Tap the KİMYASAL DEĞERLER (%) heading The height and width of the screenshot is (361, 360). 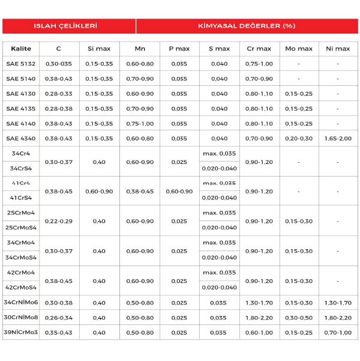247,26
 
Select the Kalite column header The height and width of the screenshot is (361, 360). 21,49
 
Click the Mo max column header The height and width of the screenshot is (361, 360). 299,49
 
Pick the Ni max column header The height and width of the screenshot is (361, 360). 338,49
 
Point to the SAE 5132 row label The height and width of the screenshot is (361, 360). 21,64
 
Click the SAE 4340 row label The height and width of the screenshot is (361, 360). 21,138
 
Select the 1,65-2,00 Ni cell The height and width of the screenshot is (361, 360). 338,138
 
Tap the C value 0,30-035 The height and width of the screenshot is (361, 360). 58,64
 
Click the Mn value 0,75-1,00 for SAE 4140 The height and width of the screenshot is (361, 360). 140,123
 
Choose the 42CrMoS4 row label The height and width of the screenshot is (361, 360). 21,288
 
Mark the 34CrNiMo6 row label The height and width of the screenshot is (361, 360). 21,303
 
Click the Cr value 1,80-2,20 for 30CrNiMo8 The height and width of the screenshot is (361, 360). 259,318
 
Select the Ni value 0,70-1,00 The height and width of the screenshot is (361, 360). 338,333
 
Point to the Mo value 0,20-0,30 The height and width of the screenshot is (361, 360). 299,138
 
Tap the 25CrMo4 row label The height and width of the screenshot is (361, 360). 21,213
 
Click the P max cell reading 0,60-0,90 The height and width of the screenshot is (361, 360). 179,191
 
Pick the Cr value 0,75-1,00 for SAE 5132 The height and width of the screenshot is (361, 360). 259,64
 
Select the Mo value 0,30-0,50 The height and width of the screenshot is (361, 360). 299,318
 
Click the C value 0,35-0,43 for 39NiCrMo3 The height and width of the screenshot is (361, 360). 58,333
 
